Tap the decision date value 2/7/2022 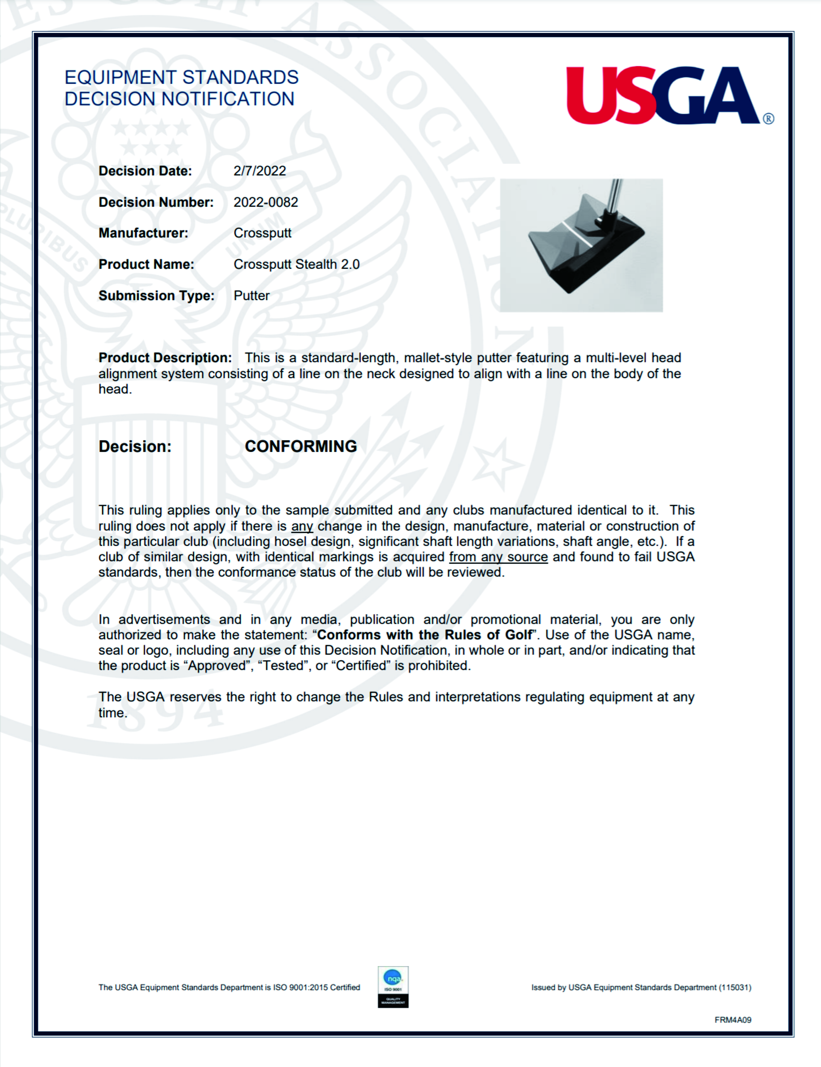point(259,171)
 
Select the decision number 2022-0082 point(265,202)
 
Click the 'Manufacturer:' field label point(143,233)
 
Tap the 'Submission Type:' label point(156,296)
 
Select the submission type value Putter point(251,296)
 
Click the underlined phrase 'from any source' point(498,557)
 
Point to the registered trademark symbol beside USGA point(768,119)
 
